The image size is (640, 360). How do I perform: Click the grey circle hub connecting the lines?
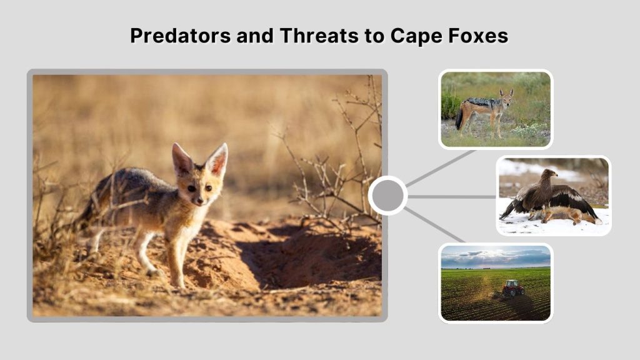coord(387,196)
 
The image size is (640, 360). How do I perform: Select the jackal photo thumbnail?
coord(495,109)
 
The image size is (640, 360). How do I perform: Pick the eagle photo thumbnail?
coord(553,196)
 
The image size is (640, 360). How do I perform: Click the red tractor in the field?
coord(513,288)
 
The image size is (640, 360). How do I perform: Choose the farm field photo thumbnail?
coord(495,282)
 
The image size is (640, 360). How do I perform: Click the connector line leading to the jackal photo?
coord(441,167)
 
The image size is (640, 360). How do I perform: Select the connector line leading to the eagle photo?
coord(452,196)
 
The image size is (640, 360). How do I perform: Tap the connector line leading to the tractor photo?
coord(435,226)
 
